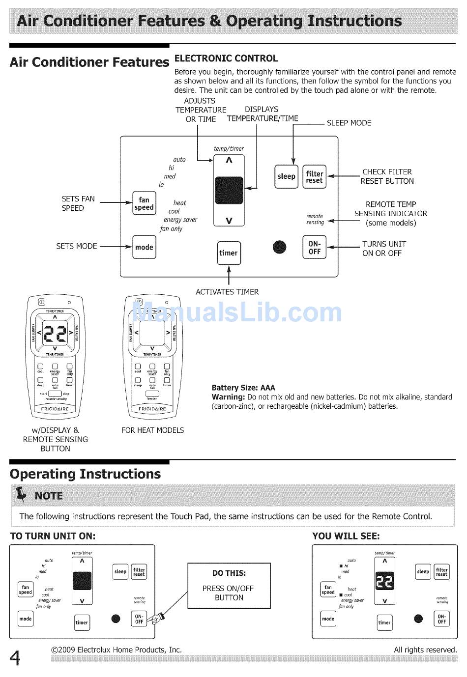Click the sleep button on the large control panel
tap(286, 177)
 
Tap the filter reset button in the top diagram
tap(314, 177)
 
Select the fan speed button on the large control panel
tap(144, 203)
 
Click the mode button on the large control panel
tap(144, 247)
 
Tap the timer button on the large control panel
tap(229, 253)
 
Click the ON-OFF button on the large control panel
tap(314, 248)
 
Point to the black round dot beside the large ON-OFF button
tap(279, 247)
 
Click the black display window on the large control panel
tap(229, 190)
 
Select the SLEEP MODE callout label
tap(349, 123)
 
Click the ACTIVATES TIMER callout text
tap(227, 292)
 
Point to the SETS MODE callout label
tap(77, 246)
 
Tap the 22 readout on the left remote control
tap(55, 334)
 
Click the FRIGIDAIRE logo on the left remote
tap(55, 409)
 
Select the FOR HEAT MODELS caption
tap(152, 430)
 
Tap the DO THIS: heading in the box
tap(229, 573)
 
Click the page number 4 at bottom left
tap(16, 657)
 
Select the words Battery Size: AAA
tap(243, 388)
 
